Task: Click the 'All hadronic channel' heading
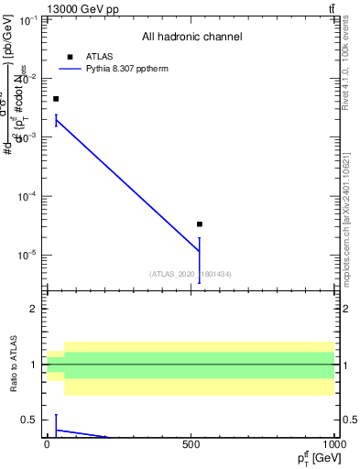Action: tap(191, 38)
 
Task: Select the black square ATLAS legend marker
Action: tap(70, 57)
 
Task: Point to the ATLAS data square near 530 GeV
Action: tap(199, 224)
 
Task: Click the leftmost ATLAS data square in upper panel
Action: tap(56, 99)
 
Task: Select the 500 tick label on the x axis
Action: tap(191, 444)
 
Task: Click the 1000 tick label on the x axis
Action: tap(333, 444)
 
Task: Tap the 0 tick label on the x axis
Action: tap(48, 444)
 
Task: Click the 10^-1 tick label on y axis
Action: tap(29, 19)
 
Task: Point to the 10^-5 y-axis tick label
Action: tap(29, 255)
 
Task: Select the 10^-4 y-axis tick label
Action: tap(29, 196)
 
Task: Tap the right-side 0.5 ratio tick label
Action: tap(348, 420)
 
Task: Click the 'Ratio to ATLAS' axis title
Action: tap(13, 365)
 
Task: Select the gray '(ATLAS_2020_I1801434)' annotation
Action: tap(191, 274)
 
